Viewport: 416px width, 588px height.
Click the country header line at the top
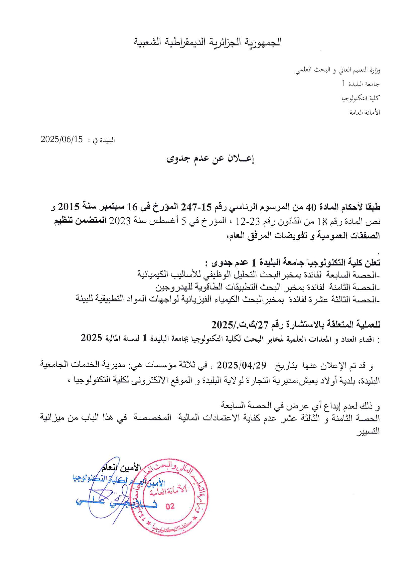[x=208, y=43]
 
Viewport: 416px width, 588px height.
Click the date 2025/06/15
[x=62, y=139]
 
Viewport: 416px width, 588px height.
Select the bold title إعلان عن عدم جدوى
[x=210, y=159]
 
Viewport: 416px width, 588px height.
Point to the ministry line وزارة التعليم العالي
[x=337, y=70]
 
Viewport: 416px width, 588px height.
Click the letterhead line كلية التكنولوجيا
[x=361, y=98]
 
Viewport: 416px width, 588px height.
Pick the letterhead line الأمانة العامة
[x=365, y=112]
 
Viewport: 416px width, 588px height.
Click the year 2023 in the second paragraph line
[x=120, y=222]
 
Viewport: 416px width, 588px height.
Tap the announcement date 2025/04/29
[x=242, y=365]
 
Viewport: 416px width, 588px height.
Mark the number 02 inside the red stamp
[x=170, y=506]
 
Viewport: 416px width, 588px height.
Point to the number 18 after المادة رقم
[x=322, y=222]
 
